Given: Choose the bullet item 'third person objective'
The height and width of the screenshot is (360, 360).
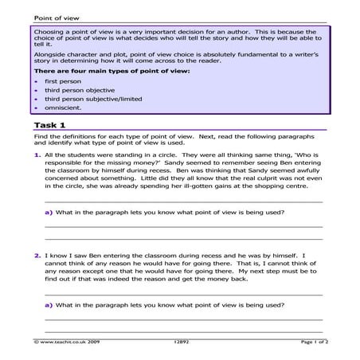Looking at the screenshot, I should (80, 91).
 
